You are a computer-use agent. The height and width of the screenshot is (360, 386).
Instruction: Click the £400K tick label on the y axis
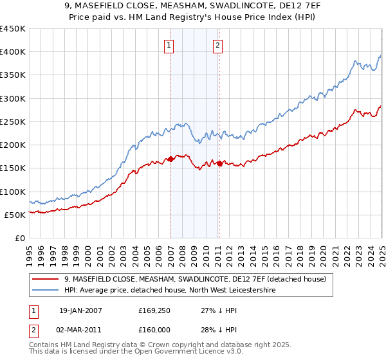pos(12,52)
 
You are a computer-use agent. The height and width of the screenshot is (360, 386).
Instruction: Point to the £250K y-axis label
pos(12,122)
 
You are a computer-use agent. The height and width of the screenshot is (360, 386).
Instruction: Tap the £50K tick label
pos(15,215)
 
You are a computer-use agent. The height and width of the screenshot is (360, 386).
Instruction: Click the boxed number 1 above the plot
pos(169,45)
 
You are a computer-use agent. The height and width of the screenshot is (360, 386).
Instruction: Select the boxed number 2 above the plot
pos(218,45)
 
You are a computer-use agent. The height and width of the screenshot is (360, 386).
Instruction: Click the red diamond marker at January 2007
pos(170,159)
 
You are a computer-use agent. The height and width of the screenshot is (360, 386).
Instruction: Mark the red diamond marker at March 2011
pos(219,163)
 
